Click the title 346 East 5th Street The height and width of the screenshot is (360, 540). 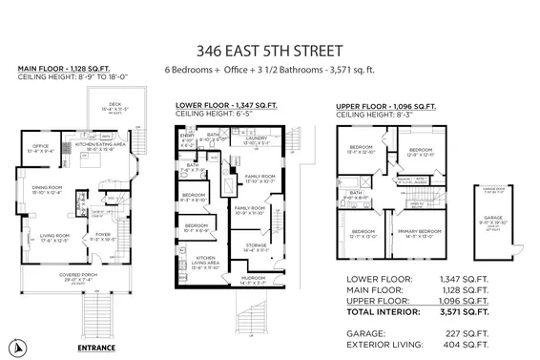click(x=269, y=47)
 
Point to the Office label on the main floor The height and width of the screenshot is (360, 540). click(x=38, y=148)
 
